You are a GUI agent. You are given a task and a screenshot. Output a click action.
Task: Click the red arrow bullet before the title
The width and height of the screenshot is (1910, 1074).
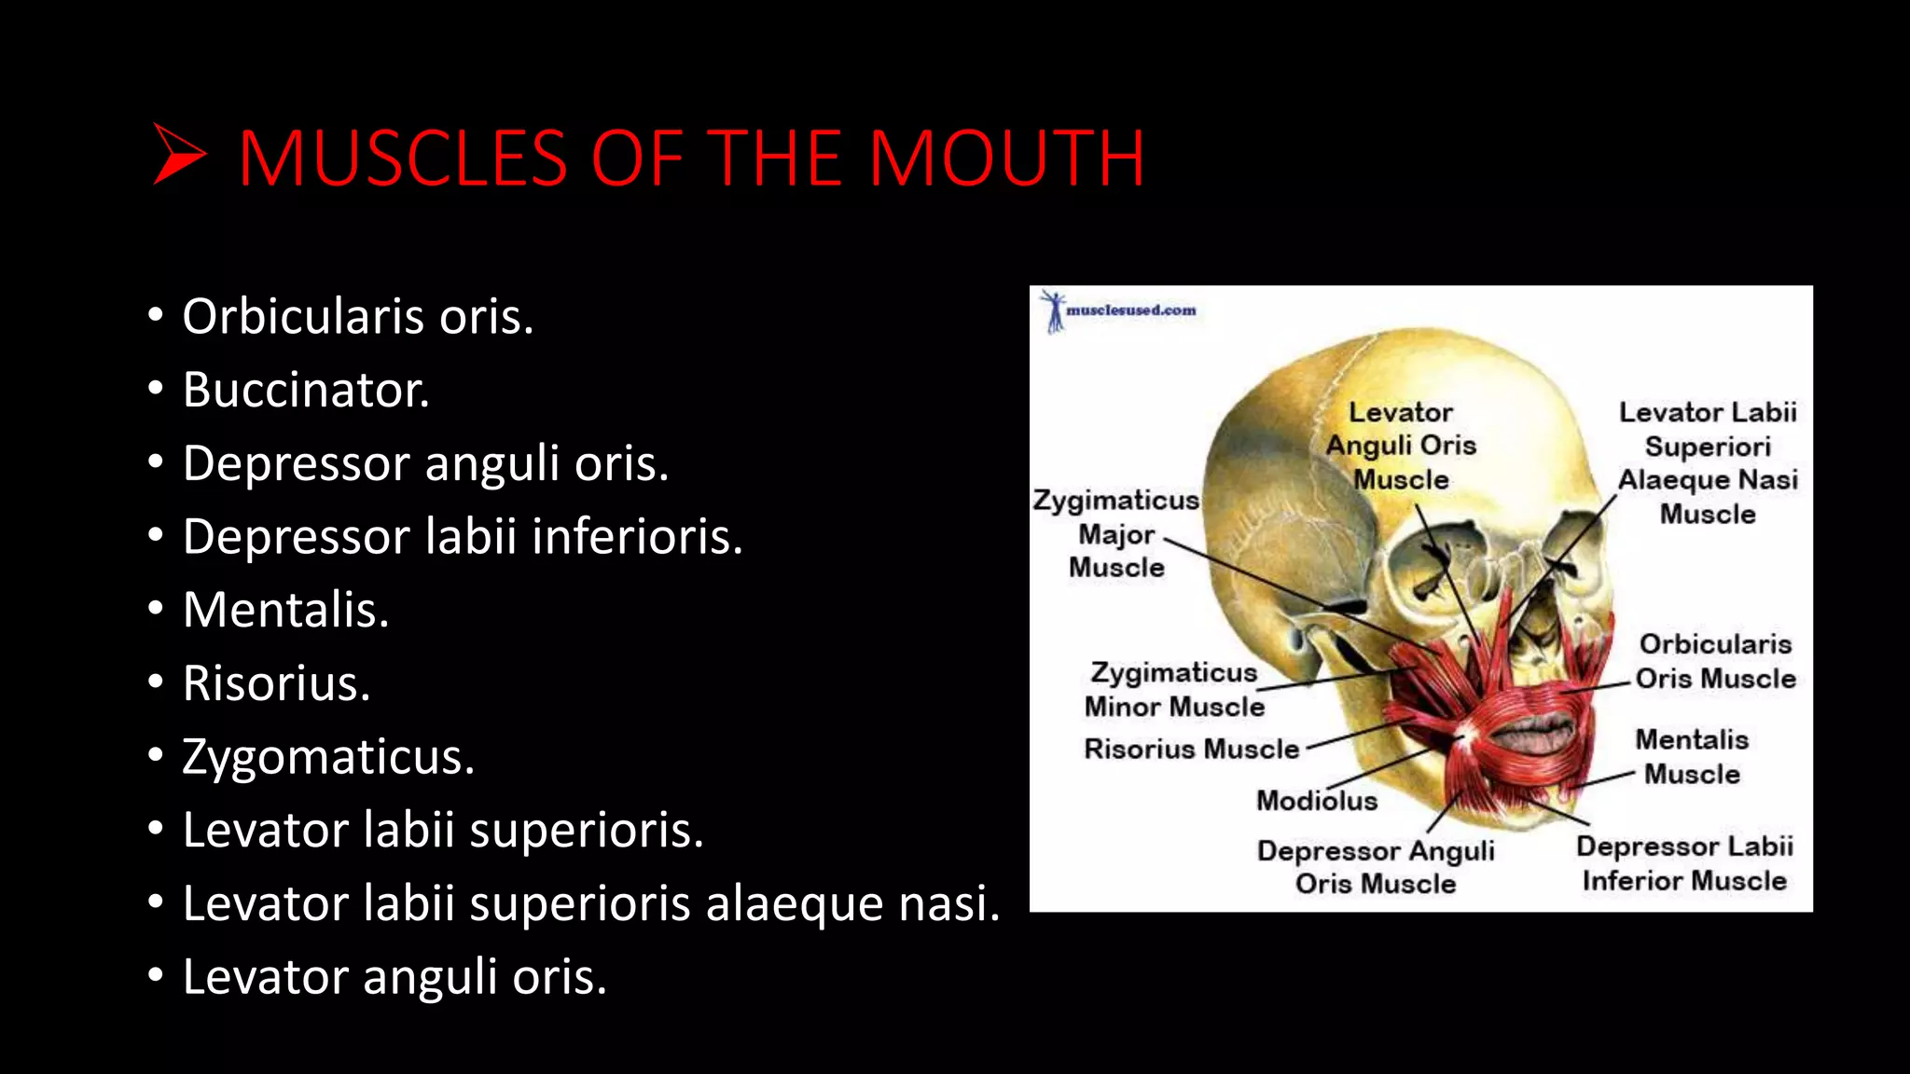point(178,156)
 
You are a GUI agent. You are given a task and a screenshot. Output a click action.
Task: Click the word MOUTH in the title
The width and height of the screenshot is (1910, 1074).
point(1006,158)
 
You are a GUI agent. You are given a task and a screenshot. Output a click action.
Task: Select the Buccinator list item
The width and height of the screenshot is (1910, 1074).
point(306,390)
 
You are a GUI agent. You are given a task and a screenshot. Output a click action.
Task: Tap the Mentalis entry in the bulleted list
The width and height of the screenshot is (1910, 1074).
point(285,610)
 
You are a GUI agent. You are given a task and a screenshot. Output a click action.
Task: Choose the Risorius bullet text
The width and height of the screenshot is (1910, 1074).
point(276,683)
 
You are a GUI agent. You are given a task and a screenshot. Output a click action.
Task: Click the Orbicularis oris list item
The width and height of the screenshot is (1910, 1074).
point(357,317)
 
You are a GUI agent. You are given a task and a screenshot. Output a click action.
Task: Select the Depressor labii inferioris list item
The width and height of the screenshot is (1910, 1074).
point(463,537)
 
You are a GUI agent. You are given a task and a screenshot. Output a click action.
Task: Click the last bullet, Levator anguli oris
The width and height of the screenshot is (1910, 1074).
point(394,977)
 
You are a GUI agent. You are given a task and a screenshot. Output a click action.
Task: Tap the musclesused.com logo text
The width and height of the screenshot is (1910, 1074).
point(1130,310)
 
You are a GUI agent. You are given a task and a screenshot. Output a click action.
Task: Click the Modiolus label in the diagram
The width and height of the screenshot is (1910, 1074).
point(1316,800)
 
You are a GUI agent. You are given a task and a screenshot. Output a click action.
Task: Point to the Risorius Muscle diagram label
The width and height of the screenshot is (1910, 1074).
point(1191,749)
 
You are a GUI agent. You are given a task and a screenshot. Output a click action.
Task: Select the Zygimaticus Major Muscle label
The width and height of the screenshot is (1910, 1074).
point(1116,533)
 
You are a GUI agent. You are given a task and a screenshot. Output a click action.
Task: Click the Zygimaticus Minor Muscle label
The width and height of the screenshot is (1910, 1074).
point(1174,689)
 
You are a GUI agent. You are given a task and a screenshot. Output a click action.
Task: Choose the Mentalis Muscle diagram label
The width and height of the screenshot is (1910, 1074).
point(1692,756)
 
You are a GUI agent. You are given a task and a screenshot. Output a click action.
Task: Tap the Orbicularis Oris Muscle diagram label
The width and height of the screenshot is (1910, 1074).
point(1715,661)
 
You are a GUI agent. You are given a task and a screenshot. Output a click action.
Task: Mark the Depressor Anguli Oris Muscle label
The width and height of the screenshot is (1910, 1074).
point(1376,866)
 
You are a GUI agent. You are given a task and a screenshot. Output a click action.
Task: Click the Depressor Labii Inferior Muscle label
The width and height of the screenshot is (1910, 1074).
point(1684,863)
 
